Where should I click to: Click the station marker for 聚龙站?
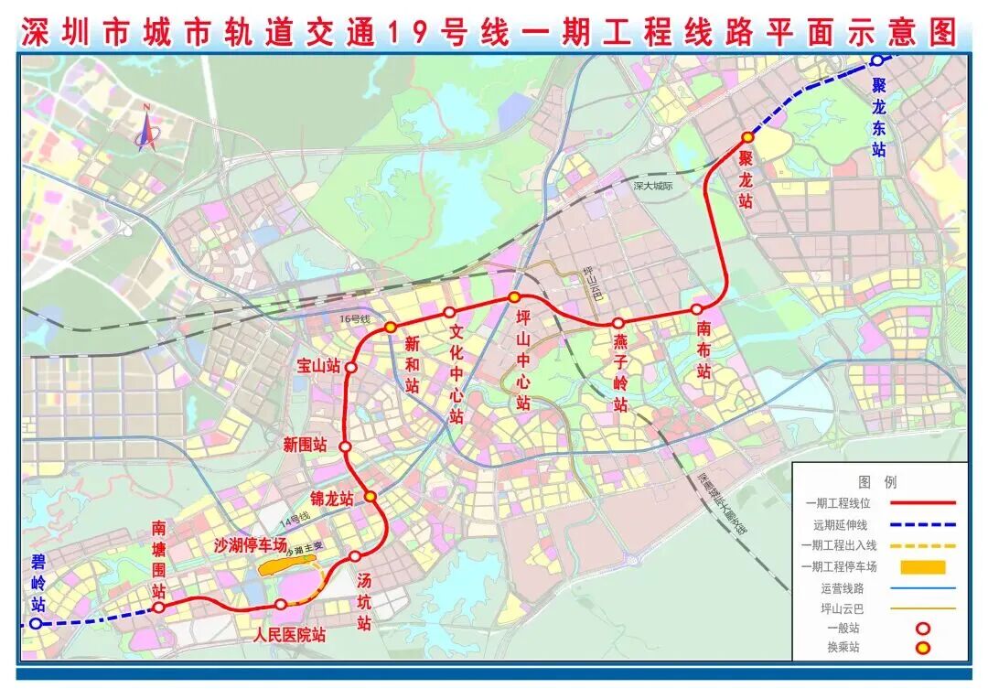(747, 137)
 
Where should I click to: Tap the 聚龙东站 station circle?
(876, 60)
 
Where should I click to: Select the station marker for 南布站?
(697, 309)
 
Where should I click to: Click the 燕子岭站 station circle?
(617, 323)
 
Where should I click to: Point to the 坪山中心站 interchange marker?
(515, 297)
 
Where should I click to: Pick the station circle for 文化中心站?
(449, 312)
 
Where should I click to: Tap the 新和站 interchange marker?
(390, 327)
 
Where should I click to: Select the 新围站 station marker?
(345, 446)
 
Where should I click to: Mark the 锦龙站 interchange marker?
(370, 496)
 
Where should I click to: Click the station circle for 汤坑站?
(355, 556)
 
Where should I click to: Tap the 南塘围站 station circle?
(158, 607)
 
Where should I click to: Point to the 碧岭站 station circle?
(35, 624)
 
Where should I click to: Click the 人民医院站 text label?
(290, 633)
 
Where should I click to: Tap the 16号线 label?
(353, 319)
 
